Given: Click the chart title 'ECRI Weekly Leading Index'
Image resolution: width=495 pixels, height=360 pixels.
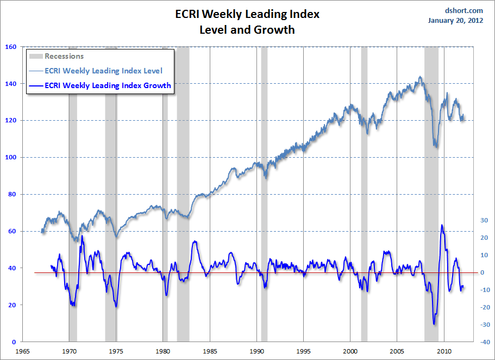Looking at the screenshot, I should pos(247,14).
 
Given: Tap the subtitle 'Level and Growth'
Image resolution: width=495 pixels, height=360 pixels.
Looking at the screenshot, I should pos(247,29).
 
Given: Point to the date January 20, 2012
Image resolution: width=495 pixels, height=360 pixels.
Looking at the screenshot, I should pos(455,21).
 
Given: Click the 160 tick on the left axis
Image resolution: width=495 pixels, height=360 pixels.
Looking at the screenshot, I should pos(10,47).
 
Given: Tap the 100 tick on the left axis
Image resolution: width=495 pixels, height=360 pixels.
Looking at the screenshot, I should pos(10,158).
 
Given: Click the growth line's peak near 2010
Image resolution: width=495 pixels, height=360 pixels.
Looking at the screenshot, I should pos(442,225).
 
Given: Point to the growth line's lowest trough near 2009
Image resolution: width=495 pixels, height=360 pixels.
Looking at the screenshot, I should pos(434,324).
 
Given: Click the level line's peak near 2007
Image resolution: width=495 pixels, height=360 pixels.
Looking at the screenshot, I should pos(420,77).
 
